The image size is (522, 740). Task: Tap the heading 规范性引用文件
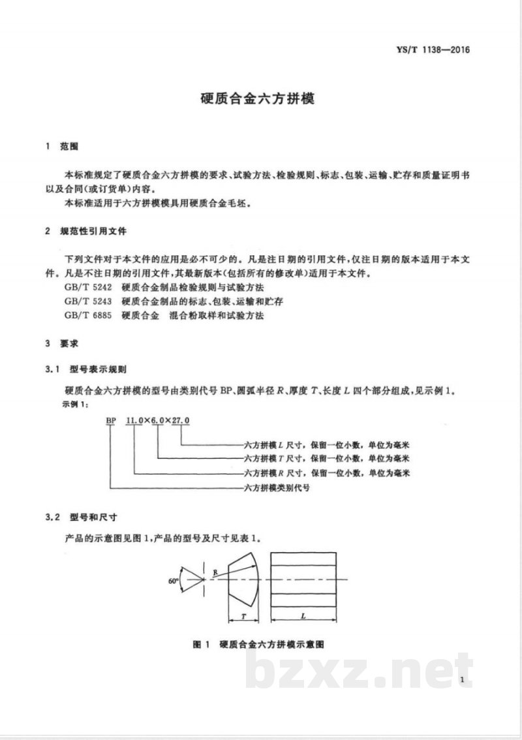pos(94,232)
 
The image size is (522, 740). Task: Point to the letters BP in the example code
pos(111,422)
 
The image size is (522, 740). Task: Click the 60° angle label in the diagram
pos(173,580)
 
